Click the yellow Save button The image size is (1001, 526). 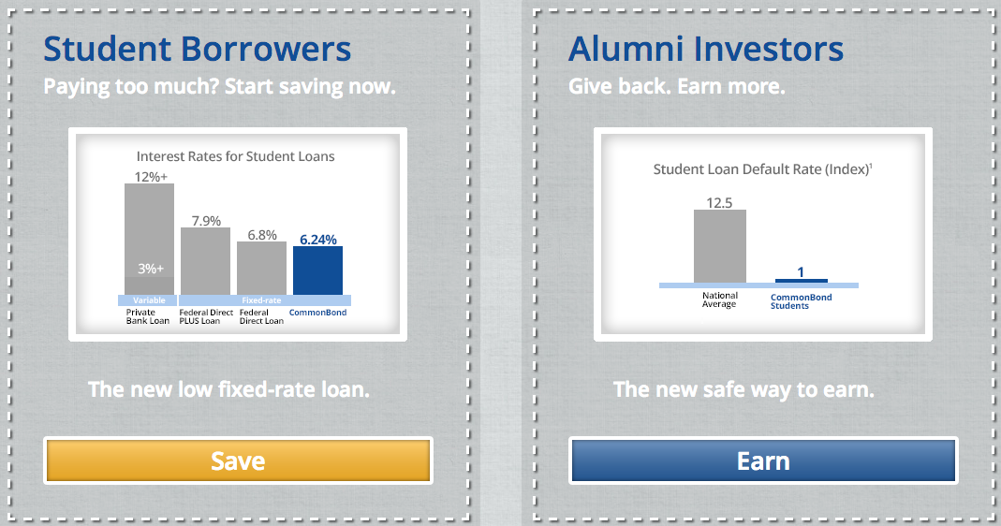(x=238, y=460)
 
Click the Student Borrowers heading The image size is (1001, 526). (x=198, y=49)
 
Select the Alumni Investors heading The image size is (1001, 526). (x=705, y=49)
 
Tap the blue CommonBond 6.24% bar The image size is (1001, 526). (x=318, y=270)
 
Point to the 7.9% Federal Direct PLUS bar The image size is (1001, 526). (x=206, y=261)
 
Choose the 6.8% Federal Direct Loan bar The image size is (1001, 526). (x=262, y=268)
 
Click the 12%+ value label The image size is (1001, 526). (x=151, y=177)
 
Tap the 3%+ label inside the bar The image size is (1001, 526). (x=151, y=269)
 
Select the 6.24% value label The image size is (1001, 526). (x=318, y=240)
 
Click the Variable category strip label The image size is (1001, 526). (x=149, y=300)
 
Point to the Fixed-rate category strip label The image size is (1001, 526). (x=261, y=300)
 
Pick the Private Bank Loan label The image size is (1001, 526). (x=147, y=316)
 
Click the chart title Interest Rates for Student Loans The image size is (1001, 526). (x=236, y=156)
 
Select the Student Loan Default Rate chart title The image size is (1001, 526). (x=762, y=169)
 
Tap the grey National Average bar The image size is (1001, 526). (x=719, y=246)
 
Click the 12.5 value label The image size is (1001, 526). (x=719, y=203)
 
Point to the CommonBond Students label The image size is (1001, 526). (x=802, y=301)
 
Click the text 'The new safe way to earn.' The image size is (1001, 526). (x=743, y=389)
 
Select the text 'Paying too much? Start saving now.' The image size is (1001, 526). (x=220, y=86)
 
